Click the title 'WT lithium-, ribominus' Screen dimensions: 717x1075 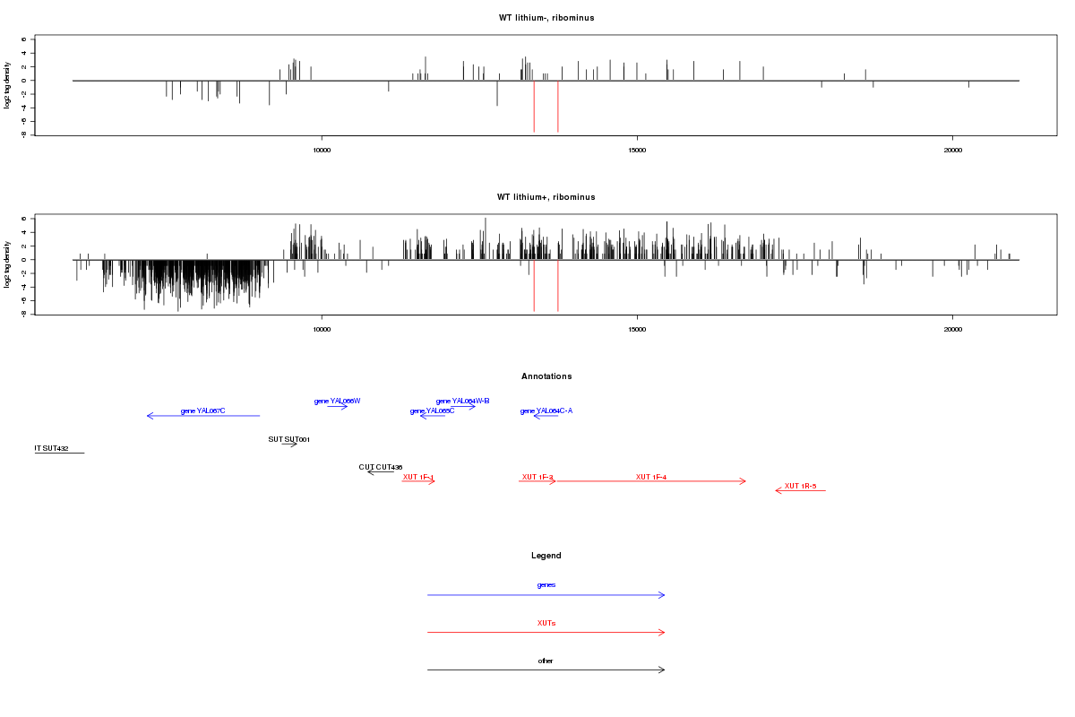tap(546, 18)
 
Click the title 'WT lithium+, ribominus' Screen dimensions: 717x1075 tap(546, 197)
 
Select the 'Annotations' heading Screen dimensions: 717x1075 tap(546, 376)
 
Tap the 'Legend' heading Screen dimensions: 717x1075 tap(546, 556)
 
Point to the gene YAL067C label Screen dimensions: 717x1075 tap(202, 411)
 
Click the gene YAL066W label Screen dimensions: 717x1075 tap(337, 401)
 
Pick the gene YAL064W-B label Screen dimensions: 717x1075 tap(462, 401)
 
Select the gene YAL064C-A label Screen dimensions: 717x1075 tap(546, 411)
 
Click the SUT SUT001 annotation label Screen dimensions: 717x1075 tap(288, 439)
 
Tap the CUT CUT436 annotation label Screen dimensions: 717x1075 tap(381, 467)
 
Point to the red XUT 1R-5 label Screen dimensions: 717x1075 tap(800, 486)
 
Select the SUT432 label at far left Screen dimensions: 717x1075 tap(51, 448)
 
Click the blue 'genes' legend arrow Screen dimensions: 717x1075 tap(546, 595)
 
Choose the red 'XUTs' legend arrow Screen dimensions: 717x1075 tap(546, 633)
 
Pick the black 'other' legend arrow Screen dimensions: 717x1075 tap(546, 669)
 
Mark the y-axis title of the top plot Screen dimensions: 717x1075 tap(8, 85)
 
